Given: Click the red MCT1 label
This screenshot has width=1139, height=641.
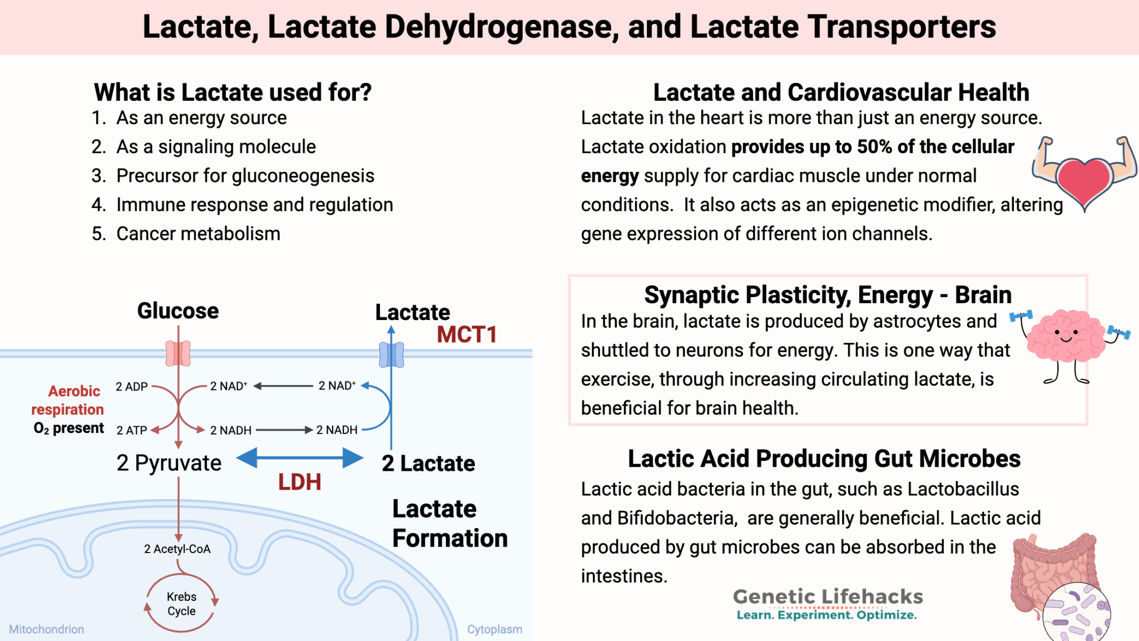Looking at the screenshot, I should [x=466, y=334].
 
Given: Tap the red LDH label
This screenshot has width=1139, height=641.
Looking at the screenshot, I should [x=299, y=482].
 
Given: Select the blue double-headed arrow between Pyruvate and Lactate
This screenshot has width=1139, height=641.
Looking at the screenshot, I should [x=300, y=458].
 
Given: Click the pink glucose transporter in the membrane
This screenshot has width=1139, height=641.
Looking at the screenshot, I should [x=178, y=353].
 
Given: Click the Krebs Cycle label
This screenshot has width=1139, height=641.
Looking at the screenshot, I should [x=181, y=604].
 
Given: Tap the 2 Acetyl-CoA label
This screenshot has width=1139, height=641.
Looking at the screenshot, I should [x=177, y=549].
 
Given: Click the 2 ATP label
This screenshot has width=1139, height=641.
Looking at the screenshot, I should [x=132, y=430].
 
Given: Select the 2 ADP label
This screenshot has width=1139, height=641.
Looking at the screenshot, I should [x=132, y=387].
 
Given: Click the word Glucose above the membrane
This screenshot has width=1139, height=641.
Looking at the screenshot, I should [x=178, y=311].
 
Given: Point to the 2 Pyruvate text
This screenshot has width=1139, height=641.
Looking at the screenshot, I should [x=169, y=463].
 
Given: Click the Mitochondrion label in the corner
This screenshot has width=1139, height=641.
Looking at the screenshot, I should [x=47, y=629].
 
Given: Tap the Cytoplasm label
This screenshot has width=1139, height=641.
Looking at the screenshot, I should [x=494, y=629].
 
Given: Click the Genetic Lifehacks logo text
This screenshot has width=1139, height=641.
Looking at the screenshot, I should [x=828, y=597].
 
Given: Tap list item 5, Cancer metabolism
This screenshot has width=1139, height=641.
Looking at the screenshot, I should [x=198, y=234].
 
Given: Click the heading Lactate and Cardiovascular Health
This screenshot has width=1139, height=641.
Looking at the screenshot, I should [x=841, y=92].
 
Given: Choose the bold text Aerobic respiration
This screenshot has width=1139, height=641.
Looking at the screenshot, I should [x=68, y=400].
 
